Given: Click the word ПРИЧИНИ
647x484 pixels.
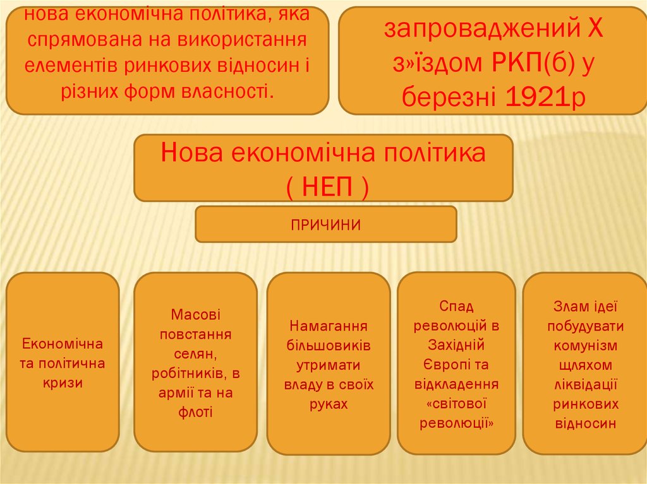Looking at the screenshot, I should [x=325, y=225].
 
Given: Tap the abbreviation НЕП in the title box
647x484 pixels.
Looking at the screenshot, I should [x=323, y=186].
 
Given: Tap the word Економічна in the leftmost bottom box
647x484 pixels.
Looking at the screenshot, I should [x=63, y=345].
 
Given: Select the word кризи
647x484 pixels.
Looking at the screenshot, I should [x=63, y=382].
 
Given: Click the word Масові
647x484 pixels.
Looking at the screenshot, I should [x=195, y=314].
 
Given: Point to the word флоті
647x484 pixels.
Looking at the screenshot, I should [x=195, y=413].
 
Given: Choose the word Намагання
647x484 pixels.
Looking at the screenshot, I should [x=329, y=326].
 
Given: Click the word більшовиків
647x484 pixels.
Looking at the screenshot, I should [x=329, y=346].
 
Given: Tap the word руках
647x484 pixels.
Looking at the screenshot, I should [x=329, y=404].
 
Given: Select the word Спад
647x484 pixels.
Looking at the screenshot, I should [x=456, y=306].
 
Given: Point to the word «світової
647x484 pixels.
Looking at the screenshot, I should [x=456, y=404].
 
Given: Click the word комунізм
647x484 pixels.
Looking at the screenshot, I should [x=585, y=346].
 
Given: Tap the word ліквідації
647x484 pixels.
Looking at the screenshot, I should [x=585, y=385].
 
